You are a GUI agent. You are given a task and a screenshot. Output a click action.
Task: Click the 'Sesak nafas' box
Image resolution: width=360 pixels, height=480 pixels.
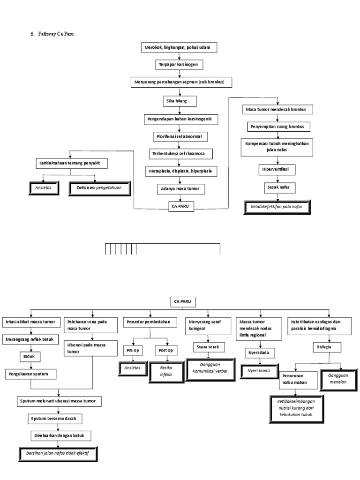(277, 187)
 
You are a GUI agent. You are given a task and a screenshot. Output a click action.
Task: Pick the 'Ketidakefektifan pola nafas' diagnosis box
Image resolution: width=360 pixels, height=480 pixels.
(277, 207)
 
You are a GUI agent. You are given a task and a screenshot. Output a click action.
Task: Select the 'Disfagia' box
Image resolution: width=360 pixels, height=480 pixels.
(326, 347)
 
